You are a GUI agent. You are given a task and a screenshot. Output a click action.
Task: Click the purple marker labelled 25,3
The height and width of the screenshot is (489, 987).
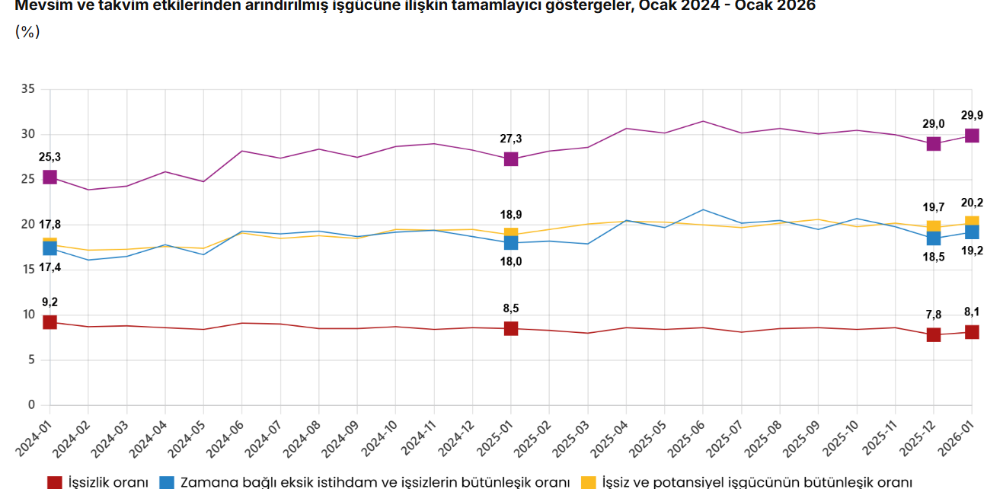tap(50, 177)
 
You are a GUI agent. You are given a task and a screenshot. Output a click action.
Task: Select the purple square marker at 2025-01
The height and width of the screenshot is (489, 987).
tap(511, 159)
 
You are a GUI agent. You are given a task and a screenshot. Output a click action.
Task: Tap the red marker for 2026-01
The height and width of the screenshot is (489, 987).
tap(972, 331)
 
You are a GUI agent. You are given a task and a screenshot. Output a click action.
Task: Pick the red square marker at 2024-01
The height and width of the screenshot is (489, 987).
tap(50, 322)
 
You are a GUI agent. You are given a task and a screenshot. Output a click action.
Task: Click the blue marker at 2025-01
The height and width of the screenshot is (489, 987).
tap(511, 243)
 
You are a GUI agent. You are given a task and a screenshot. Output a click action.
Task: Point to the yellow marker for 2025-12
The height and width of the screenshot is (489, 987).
tap(934, 226)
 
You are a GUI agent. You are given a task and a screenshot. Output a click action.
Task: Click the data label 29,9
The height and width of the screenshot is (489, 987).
tap(972, 115)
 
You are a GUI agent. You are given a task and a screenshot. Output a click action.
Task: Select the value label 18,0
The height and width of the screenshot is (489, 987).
tap(511, 261)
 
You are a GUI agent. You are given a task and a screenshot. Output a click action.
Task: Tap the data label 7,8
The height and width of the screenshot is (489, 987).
tap(934, 315)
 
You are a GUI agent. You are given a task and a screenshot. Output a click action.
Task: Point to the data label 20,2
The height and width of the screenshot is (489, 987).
tap(972, 203)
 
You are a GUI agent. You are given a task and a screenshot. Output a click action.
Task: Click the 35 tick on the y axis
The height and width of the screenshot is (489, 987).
tap(27, 89)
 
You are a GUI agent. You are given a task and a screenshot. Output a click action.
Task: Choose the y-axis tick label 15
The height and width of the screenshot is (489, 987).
tap(27, 270)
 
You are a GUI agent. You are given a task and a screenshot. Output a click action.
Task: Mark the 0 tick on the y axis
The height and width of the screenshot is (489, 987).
tap(31, 404)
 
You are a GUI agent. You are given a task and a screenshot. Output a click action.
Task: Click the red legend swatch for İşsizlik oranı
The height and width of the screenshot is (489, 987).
tap(54, 482)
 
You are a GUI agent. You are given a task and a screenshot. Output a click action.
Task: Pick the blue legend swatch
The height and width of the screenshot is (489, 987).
tap(167, 482)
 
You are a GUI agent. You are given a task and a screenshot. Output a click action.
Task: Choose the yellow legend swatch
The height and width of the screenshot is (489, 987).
tap(588, 482)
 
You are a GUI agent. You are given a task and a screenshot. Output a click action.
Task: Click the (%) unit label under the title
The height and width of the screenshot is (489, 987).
tap(27, 32)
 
